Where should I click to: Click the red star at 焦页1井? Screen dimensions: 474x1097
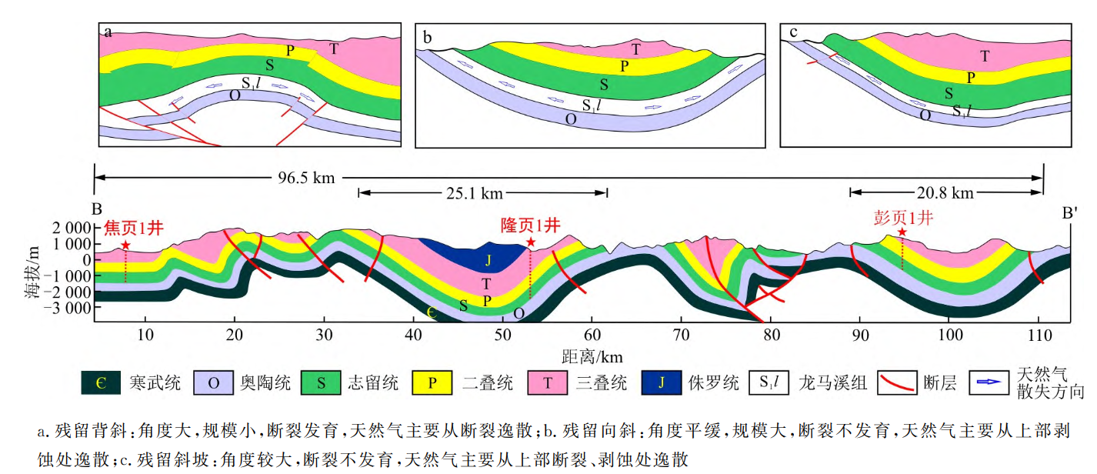click(125, 245)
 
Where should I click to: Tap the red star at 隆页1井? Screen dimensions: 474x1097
click(530, 242)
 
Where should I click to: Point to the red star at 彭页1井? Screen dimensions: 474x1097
click(902, 232)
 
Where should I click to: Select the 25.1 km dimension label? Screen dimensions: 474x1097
click(481, 192)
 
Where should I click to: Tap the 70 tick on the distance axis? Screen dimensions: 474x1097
click(681, 334)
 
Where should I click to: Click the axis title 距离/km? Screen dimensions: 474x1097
click(592, 356)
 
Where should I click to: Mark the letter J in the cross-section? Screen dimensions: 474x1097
click(488, 261)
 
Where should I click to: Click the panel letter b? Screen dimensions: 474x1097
click(427, 35)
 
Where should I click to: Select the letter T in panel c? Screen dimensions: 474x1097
click(985, 55)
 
